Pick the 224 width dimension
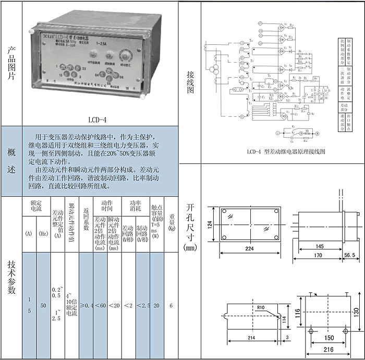click(x=250, y=249)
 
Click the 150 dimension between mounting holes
click(x=328, y=338)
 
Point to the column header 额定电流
click(x=36, y=206)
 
